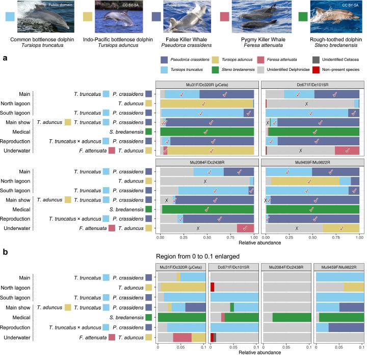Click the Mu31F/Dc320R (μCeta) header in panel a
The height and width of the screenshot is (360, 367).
[207, 84]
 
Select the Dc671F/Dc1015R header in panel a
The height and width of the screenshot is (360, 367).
[312, 84]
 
